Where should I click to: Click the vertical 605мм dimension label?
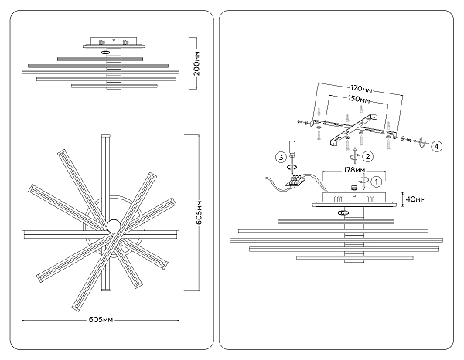click(200, 212)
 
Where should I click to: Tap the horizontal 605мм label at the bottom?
click(101, 320)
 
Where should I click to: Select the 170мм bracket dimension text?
click(361, 88)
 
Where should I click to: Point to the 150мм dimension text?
click(359, 100)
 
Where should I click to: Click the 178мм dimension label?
click(354, 170)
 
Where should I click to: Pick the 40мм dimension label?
click(416, 199)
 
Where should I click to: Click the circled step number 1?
click(376, 182)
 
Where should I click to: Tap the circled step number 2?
click(368, 156)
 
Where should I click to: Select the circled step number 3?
click(281, 157)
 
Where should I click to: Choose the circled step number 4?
click(437, 146)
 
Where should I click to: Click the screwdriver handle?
click(292, 148)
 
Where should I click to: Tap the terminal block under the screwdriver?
click(295, 181)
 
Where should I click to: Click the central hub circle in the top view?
click(114, 226)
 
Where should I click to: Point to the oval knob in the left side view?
click(105, 53)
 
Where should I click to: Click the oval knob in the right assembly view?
click(343, 212)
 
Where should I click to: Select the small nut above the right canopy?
click(353, 188)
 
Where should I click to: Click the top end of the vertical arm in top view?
click(106, 135)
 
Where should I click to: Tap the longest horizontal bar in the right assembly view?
click(336, 240)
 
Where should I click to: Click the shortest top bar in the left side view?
click(100, 59)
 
